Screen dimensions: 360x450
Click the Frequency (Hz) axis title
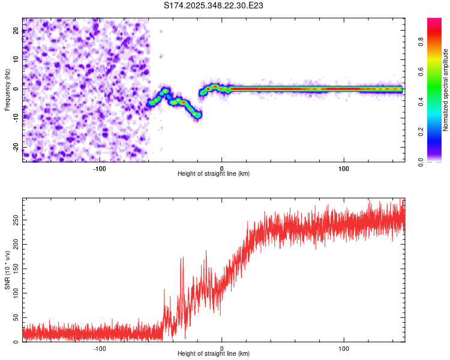[7, 89]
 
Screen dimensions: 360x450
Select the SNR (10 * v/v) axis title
[7, 270]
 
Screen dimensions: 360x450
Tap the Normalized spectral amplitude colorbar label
[446, 90]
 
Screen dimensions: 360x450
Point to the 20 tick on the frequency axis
[16, 31]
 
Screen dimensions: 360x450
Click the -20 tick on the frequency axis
[16, 146]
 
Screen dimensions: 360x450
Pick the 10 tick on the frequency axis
[16, 60]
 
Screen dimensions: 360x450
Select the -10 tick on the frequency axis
[16, 118]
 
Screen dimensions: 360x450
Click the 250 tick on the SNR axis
[16, 220]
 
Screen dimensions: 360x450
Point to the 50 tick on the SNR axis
[16, 317]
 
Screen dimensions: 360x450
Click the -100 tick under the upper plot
[100, 168]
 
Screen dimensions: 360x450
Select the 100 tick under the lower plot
[344, 349]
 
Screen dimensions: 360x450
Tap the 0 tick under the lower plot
[222, 349]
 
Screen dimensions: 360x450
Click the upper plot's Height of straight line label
[214, 174]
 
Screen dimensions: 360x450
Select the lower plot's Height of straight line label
[214, 355]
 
